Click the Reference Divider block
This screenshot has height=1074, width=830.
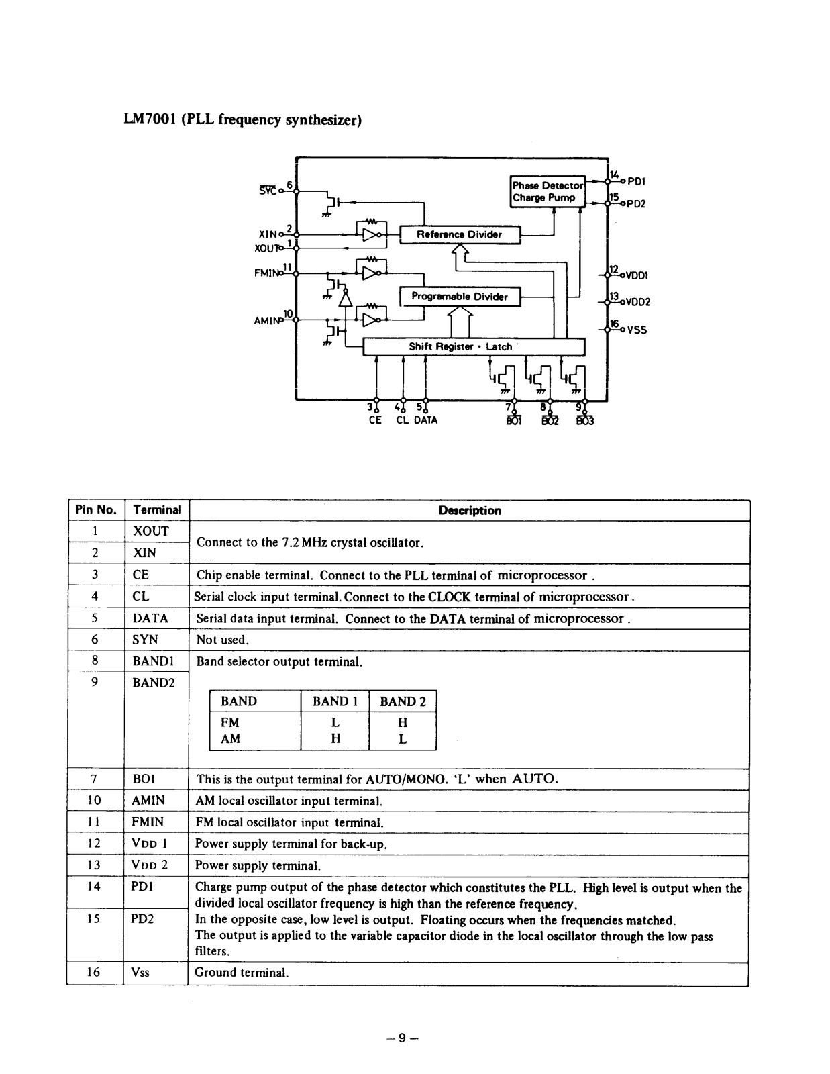(x=460, y=234)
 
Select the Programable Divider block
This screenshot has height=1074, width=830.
(x=460, y=297)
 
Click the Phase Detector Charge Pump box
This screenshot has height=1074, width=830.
(x=548, y=191)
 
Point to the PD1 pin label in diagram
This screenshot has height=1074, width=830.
(x=636, y=181)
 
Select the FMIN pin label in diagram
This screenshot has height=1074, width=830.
(x=265, y=273)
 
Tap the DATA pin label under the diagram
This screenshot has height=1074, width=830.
(x=425, y=420)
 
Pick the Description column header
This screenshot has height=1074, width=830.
(x=470, y=510)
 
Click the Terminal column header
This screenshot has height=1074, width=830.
(x=157, y=509)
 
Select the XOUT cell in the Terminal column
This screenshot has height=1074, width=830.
(x=151, y=531)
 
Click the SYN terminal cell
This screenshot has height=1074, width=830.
(x=145, y=640)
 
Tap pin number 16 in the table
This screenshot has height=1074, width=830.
(x=94, y=972)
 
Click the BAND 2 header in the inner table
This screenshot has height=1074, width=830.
(x=403, y=701)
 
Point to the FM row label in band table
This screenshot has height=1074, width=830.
(x=229, y=722)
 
